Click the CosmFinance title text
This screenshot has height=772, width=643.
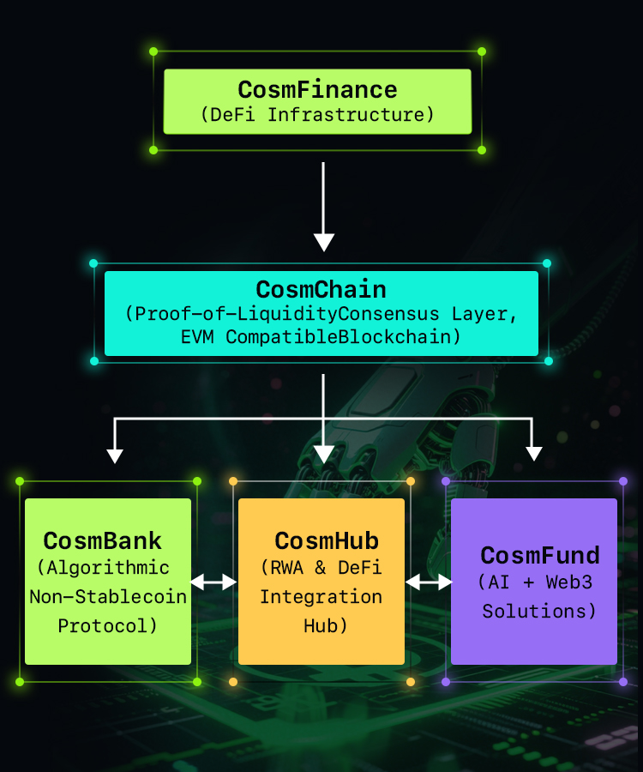click(x=317, y=90)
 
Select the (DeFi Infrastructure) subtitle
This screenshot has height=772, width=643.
click(x=317, y=114)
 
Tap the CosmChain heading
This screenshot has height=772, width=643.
click(x=321, y=289)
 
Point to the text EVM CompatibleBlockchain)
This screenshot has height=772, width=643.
click(x=321, y=336)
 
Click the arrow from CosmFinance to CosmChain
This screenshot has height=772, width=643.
click(x=323, y=206)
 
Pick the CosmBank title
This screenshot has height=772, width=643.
click(x=103, y=541)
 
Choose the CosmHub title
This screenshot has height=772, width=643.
click(x=327, y=541)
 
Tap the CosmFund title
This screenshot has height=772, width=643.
click(x=540, y=555)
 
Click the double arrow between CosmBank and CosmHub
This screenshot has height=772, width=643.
click(x=213, y=582)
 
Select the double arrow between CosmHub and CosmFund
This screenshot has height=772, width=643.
click(x=429, y=582)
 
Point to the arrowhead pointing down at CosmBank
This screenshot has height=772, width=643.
click(x=114, y=454)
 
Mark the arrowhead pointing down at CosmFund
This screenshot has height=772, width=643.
click(x=534, y=452)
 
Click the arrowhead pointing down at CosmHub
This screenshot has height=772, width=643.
click(x=323, y=453)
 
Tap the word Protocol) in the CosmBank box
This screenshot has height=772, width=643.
click(x=108, y=626)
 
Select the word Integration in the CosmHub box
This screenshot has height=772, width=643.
click(x=321, y=596)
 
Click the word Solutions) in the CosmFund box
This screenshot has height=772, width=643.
click(x=539, y=612)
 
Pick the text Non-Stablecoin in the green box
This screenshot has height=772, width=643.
click(x=108, y=597)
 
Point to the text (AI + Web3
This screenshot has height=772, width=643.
click(x=536, y=582)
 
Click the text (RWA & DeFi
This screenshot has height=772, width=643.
click(x=321, y=567)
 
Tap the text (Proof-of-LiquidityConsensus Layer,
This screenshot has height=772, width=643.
click(x=321, y=313)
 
